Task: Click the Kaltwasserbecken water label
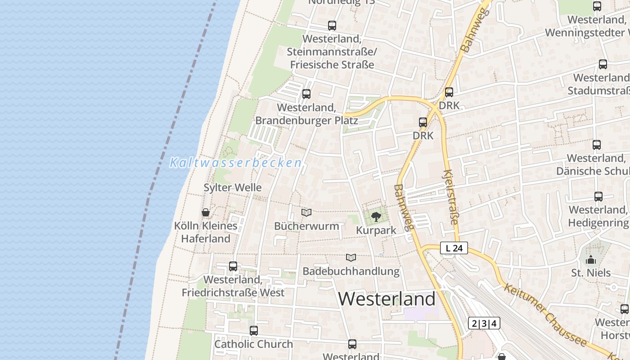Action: click(x=235, y=163)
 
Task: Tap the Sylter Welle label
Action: click(x=232, y=188)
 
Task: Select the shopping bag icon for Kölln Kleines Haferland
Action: click(x=206, y=212)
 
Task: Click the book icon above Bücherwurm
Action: click(x=306, y=212)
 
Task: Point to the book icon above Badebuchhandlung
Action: click(x=351, y=257)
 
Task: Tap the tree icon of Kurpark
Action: click(x=376, y=217)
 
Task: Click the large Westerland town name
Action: click(x=387, y=299)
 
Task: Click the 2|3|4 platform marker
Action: click(x=484, y=323)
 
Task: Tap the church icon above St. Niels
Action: click(x=591, y=260)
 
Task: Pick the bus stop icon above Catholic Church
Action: click(x=254, y=331)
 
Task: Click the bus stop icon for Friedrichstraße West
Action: click(x=233, y=266)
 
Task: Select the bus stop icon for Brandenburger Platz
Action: click(x=306, y=94)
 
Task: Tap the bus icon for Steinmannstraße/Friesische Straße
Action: click(x=332, y=26)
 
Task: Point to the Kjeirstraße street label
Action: click(x=451, y=197)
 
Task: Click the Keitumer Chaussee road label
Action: click(x=544, y=314)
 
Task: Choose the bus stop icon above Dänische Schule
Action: click(x=597, y=145)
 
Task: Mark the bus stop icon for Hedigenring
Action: click(x=598, y=197)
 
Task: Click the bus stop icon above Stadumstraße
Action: click(x=603, y=64)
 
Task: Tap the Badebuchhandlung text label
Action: click(x=351, y=271)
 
